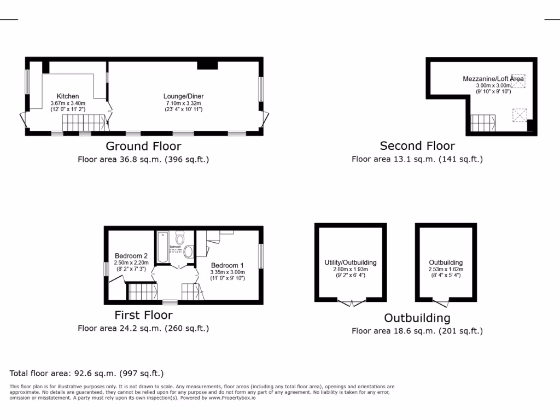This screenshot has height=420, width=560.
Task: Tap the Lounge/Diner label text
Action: [184, 96]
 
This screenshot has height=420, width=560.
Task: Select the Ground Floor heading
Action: [143, 146]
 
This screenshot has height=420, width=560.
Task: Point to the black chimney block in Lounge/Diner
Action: [207, 65]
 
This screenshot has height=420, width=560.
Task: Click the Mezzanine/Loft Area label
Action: [493, 79]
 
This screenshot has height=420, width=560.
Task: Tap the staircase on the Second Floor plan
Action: [483, 123]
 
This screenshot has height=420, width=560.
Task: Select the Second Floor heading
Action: [417, 146]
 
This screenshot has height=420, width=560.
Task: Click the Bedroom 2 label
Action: [131, 256]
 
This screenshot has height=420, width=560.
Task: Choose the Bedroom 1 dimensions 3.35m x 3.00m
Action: [227, 272]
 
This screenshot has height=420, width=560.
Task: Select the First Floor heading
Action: [143, 315]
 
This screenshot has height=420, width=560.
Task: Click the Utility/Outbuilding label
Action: [351, 263]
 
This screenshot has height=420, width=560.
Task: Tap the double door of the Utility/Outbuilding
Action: [351, 302]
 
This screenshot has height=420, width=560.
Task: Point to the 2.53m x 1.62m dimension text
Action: [446, 270]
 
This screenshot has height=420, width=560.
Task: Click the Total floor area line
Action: [87, 374]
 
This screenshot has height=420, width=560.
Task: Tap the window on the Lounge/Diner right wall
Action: [261, 88]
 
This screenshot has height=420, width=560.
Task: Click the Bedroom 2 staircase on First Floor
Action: [142, 291]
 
